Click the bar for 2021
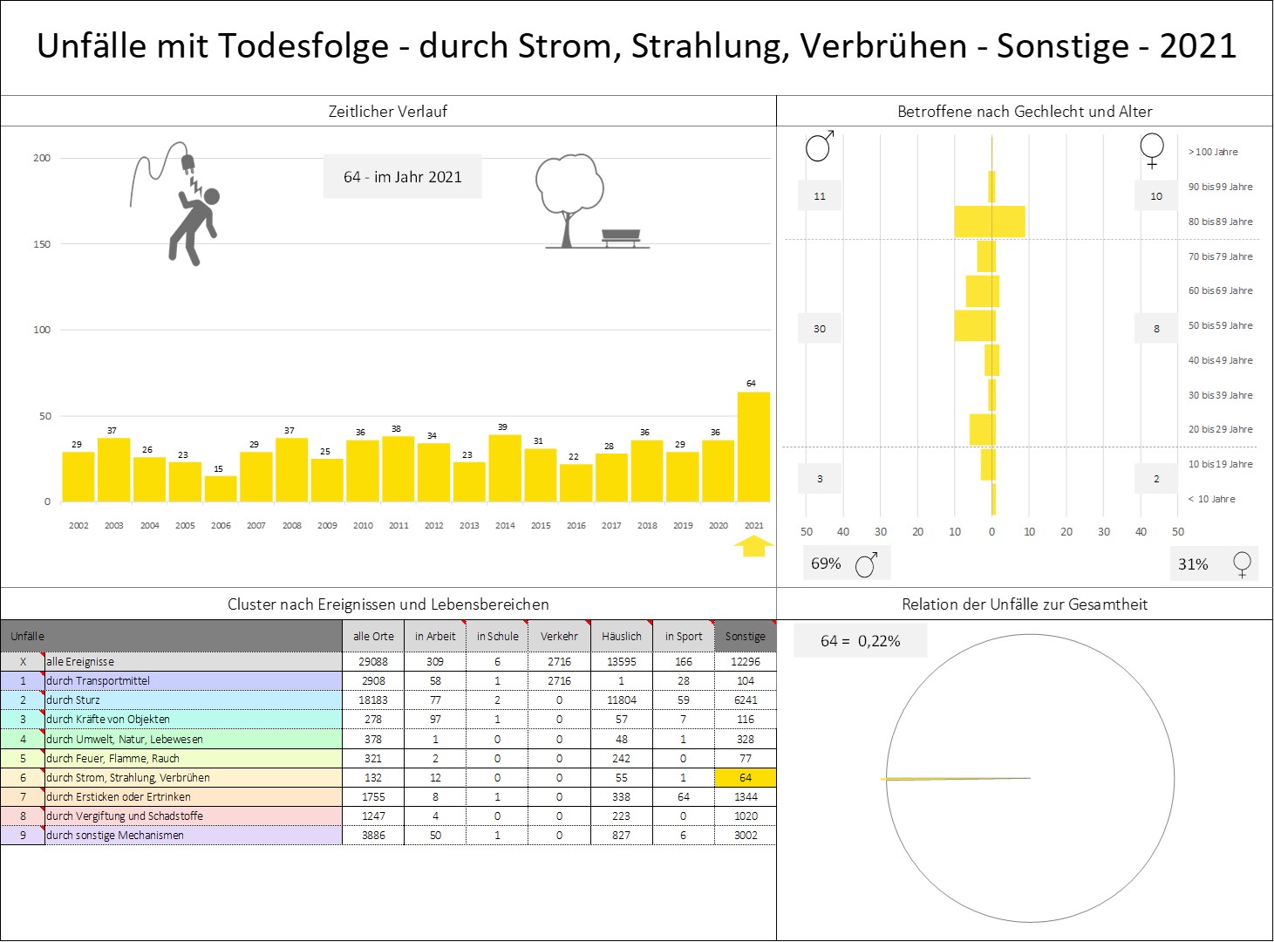click(753, 447)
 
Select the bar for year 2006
click(221, 488)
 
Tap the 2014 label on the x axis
click(505, 525)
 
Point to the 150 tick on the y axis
click(42, 244)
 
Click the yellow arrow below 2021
click(753, 546)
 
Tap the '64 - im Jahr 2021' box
click(403, 177)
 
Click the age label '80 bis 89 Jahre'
click(1220, 222)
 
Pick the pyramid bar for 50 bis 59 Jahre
click(975, 325)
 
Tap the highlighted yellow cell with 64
click(745, 777)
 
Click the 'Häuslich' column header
click(621, 637)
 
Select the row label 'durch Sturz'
click(73, 700)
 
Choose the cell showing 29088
click(373, 661)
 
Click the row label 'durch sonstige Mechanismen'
click(115, 835)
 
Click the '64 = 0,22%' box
click(860, 641)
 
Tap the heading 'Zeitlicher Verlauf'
click(387, 112)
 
